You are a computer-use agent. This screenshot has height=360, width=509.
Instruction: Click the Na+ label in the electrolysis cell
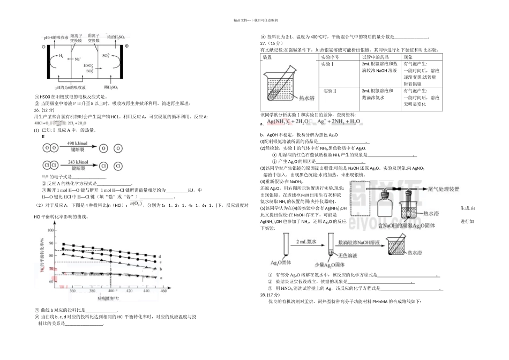pyautogui.click(x=78, y=58)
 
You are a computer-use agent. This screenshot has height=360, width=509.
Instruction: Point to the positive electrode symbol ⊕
pyautogui.click(x=127, y=46)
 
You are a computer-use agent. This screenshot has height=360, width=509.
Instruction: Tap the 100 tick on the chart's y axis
pyautogui.click(x=51, y=230)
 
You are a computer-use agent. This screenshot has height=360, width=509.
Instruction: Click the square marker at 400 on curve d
pyautogui.click(x=111, y=250)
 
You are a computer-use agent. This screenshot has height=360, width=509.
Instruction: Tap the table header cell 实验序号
pyautogui.click(x=330, y=57)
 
